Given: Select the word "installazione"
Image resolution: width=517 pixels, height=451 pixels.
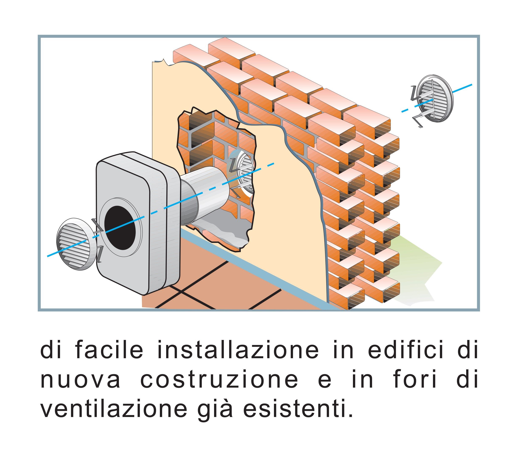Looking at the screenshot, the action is tap(237, 351).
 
